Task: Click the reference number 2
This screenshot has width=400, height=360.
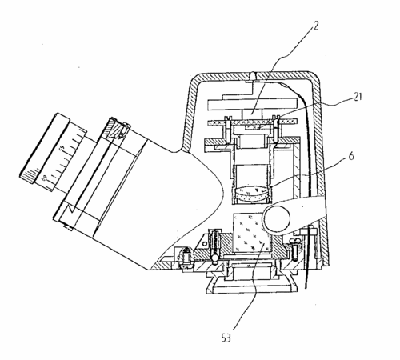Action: point(315,26)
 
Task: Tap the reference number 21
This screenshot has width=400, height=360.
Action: point(358,97)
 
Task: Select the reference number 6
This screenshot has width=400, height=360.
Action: point(351,156)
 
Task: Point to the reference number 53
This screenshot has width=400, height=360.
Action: point(226,338)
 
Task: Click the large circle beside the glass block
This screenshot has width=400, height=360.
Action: point(277,219)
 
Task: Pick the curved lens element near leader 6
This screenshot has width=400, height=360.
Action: point(253,194)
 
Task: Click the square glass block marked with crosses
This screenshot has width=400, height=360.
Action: point(252,233)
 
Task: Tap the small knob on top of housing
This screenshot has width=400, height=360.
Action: point(253,76)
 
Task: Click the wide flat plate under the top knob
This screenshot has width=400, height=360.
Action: point(253,104)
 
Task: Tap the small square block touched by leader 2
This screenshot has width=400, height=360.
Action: point(252,114)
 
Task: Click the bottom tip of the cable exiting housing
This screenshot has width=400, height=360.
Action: point(306,289)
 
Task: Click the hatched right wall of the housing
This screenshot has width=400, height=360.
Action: point(322,170)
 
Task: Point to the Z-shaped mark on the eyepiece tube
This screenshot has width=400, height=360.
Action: point(70,209)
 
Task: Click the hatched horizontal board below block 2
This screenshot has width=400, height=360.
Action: point(253,122)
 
